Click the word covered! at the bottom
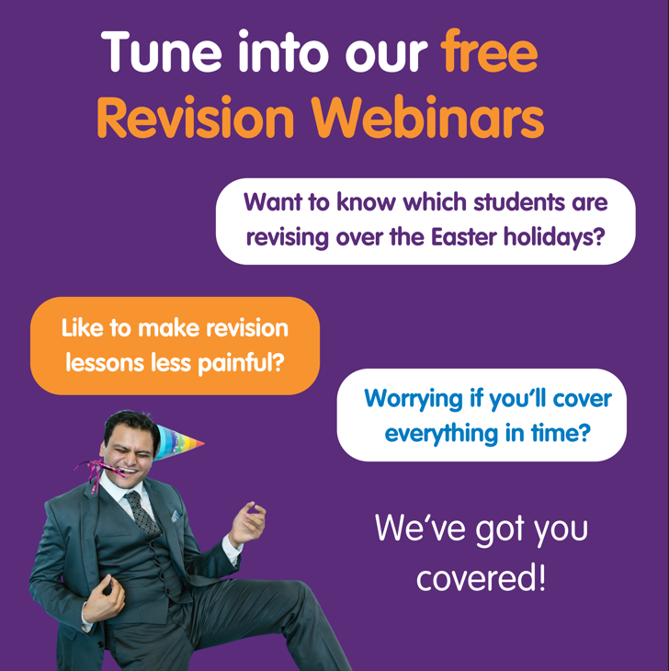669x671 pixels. pyautogui.click(x=481, y=578)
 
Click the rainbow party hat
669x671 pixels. pyautogui.click(x=176, y=442)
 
